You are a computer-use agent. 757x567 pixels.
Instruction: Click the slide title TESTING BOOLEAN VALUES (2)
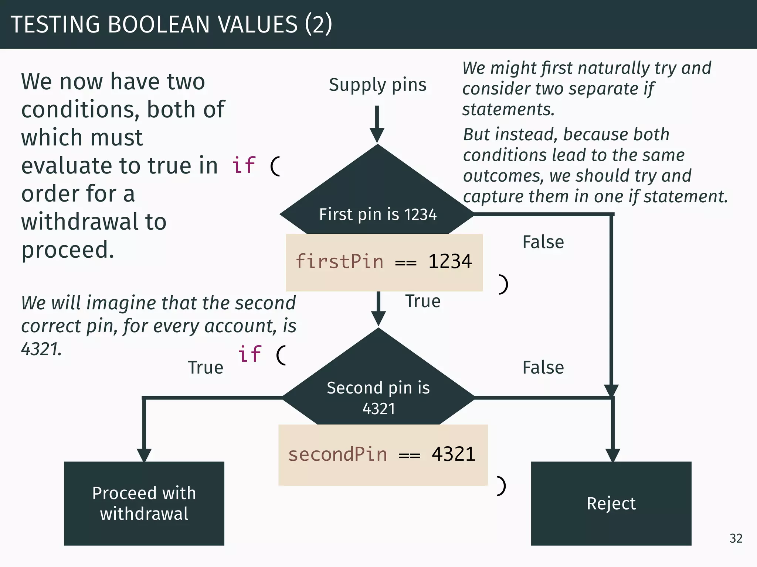(x=171, y=24)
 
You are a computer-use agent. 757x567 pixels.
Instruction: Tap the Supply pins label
(x=377, y=85)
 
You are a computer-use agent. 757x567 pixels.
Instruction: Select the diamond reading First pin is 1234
(x=377, y=199)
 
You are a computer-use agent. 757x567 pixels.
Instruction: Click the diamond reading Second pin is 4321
(x=378, y=384)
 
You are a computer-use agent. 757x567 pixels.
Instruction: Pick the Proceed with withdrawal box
(x=144, y=503)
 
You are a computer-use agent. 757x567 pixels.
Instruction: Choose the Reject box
(x=611, y=503)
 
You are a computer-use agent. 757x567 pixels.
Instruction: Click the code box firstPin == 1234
(x=384, y=262)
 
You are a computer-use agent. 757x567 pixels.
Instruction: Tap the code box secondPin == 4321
(x=383, y=455)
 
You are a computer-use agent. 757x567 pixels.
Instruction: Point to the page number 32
(x=736, y=538)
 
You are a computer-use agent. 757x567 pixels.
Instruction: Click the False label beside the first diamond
(x=543, y=242)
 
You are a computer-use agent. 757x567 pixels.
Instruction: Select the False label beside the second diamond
(x=543, y=368)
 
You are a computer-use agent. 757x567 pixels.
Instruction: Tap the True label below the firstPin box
(x=423, y=301)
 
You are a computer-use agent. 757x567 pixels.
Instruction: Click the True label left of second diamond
(x=206, y=368)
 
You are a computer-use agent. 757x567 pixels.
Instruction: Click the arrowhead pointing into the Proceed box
(x=144, y=455)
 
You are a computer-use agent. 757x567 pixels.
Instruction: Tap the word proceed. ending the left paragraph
(x=68, y=250)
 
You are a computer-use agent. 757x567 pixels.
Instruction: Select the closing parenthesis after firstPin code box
(x=503, y=284)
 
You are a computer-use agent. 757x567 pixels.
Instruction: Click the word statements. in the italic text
(x=508, y=109)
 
